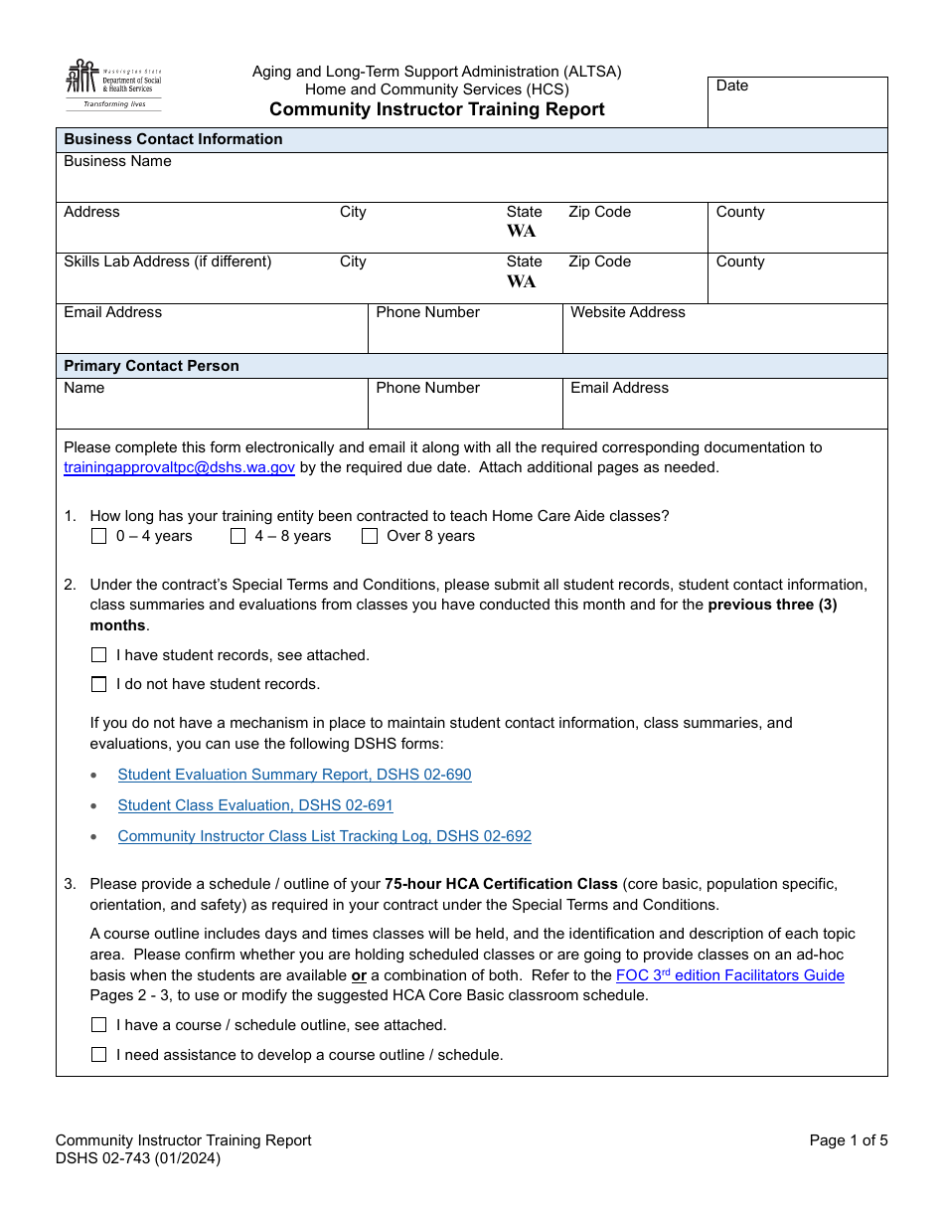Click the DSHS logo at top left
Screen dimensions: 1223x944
(113, 85)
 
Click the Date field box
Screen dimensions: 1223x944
(797, 102)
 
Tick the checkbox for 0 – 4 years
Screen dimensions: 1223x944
(98, 536)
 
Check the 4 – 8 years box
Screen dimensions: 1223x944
(237, 536)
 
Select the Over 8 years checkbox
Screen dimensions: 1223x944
(370, 536)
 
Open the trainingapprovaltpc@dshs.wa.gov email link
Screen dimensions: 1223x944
(179, 467)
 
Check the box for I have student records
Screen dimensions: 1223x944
(98, 655)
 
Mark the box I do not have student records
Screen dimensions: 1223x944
(98, 684)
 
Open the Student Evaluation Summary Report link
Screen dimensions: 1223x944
(294, 775)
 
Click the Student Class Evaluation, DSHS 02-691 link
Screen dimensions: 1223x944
(255, 805)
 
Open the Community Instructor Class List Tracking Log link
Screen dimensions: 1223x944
(324, 836)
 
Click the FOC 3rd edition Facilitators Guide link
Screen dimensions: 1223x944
(729, 975)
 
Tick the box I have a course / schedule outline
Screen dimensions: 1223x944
(98, 1024)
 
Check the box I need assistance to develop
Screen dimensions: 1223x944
(98, 1054)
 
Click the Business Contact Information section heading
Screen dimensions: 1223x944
(173, 139)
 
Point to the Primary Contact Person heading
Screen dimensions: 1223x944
(151, 366)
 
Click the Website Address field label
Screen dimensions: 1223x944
(627, 312)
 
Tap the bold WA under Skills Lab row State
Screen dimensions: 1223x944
(521, 281)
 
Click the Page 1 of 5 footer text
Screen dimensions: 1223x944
(848, 1140)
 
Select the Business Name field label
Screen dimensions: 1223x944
(117, 161)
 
